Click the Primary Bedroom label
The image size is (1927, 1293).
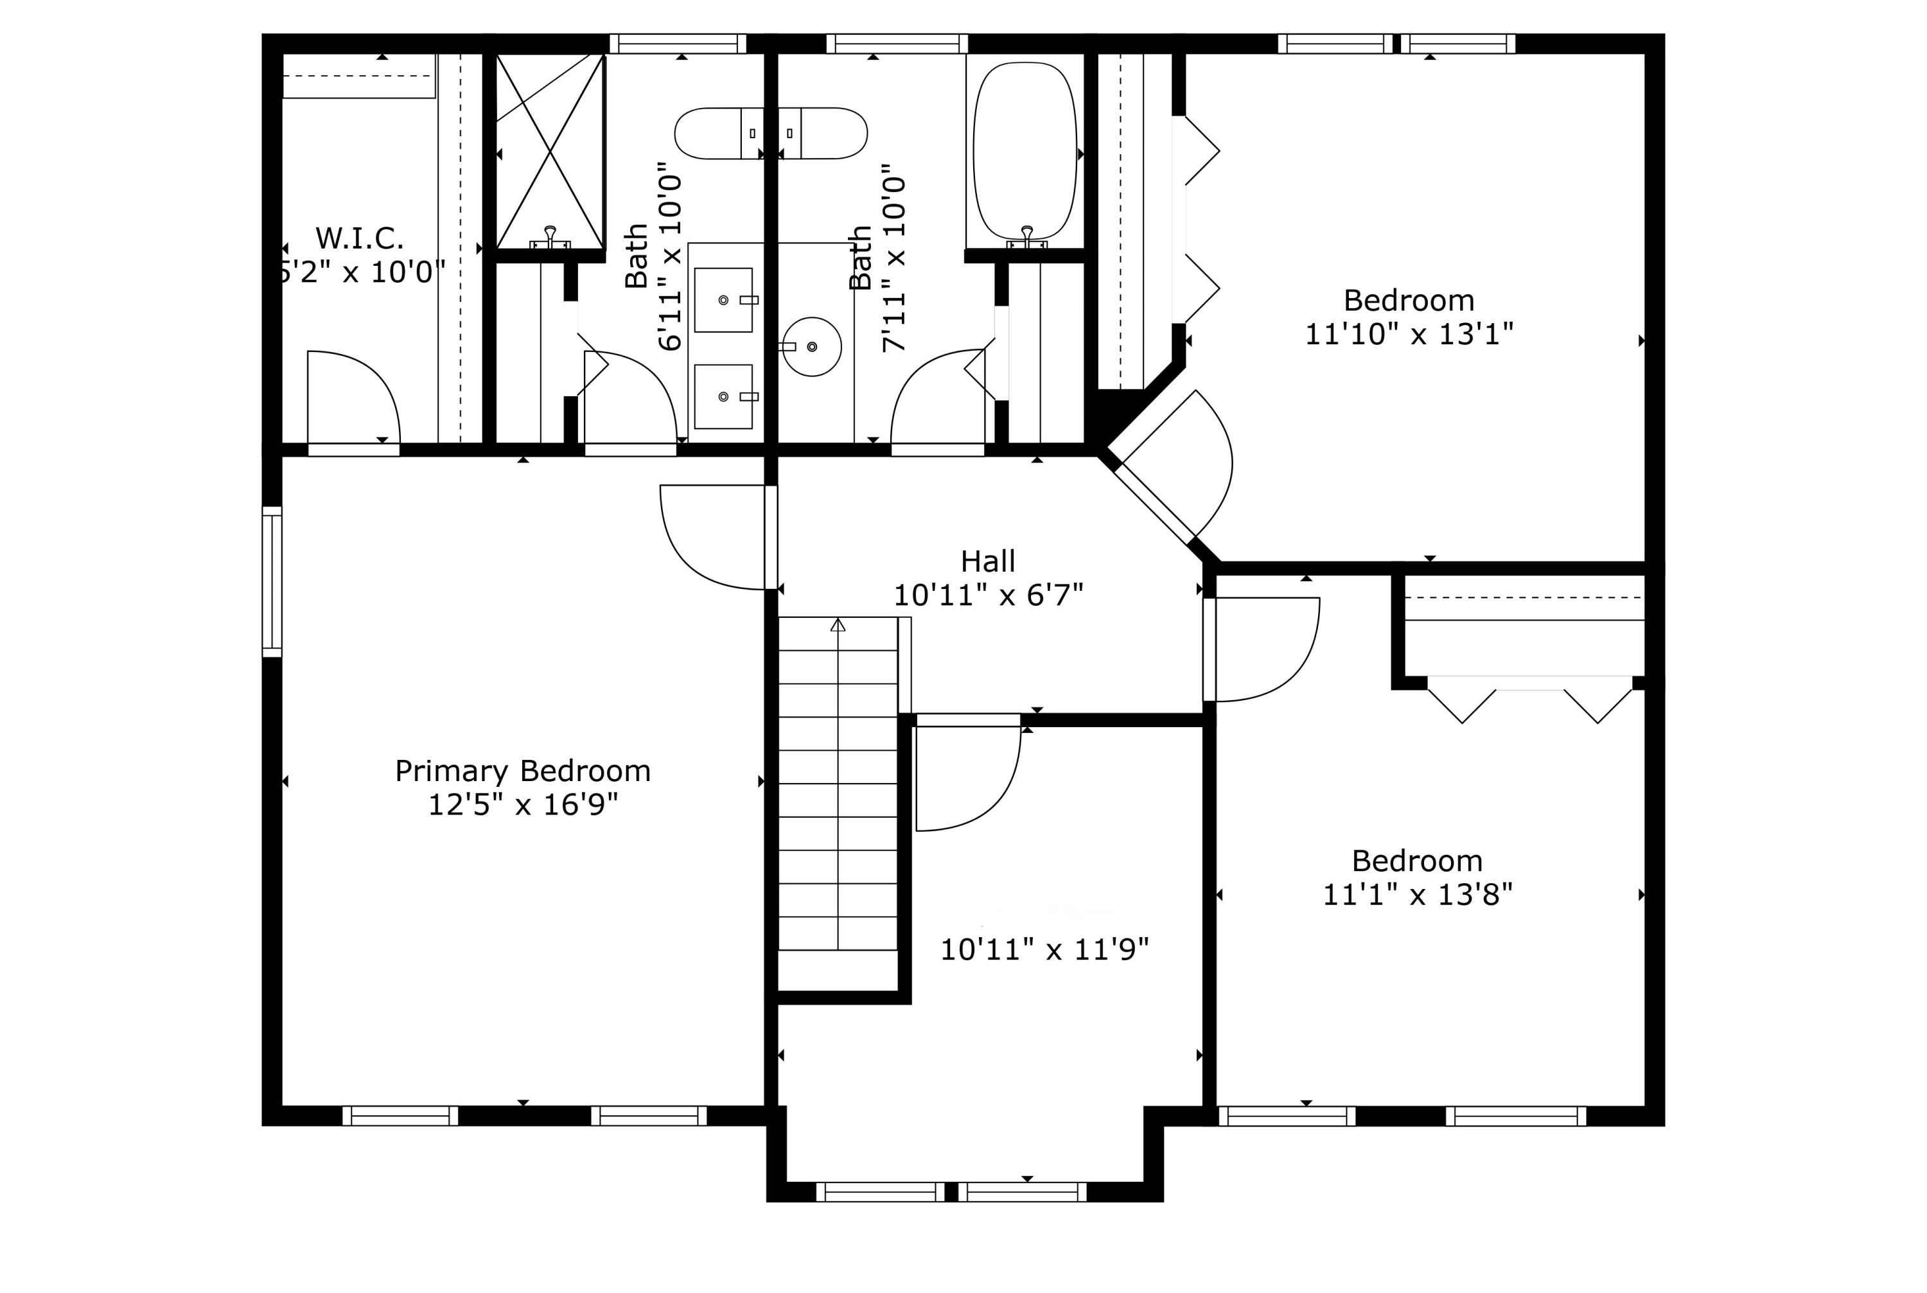tap(523, 771)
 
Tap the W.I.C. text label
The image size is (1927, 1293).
tap(360, 238)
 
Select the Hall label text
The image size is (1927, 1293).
tap(988, 561)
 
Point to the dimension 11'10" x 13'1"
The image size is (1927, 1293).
tap(1409, 334)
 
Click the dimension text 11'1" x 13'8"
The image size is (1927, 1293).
tap(1418, 895)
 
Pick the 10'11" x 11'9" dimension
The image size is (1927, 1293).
tap(1044, 950)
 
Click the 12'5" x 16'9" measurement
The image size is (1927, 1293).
tap(523, 804)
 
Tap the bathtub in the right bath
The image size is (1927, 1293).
tap(1025, 154)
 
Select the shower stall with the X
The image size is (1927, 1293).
tap(550, 151)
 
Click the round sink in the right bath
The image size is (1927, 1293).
tap(811, 347)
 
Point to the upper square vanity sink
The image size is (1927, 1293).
tap(724, 300)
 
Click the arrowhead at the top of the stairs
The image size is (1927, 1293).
tap(838, 624)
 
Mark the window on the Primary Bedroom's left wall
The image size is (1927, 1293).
tap(272, 581)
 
